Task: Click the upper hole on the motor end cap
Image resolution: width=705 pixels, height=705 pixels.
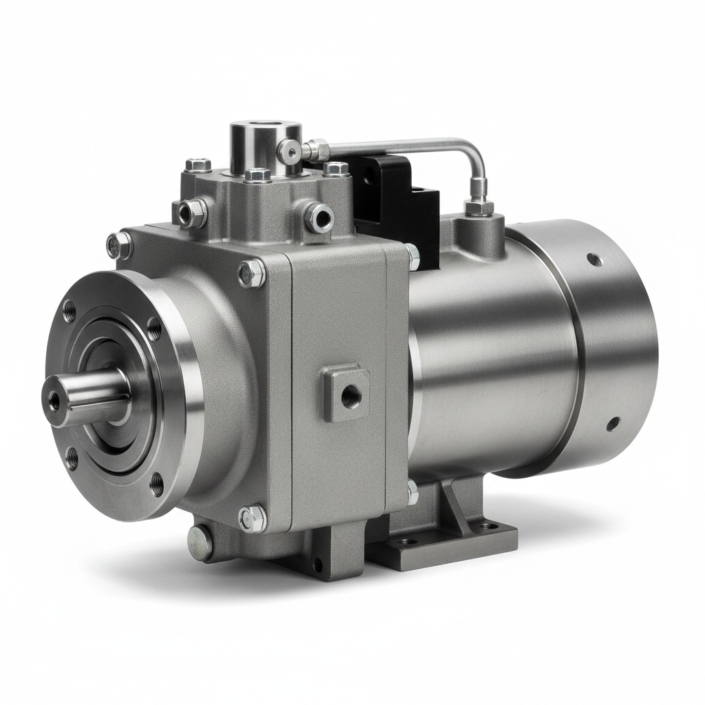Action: [x=594, y=260]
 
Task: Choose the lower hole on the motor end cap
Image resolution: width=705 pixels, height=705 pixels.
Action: [x=611, y=423]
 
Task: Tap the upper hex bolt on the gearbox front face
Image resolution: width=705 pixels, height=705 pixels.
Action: [x=251, y=273]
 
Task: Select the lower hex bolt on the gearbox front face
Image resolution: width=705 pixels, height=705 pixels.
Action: [x=253, y=518]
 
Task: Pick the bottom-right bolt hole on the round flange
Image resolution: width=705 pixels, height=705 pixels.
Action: [x=157, y=483]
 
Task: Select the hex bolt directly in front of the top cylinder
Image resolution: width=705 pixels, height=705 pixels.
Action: [x=258, y=175]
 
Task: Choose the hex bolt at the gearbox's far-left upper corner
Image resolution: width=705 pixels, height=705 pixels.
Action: [x=118, y=245]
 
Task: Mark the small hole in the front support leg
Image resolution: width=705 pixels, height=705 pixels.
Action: [x=317, y=566]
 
